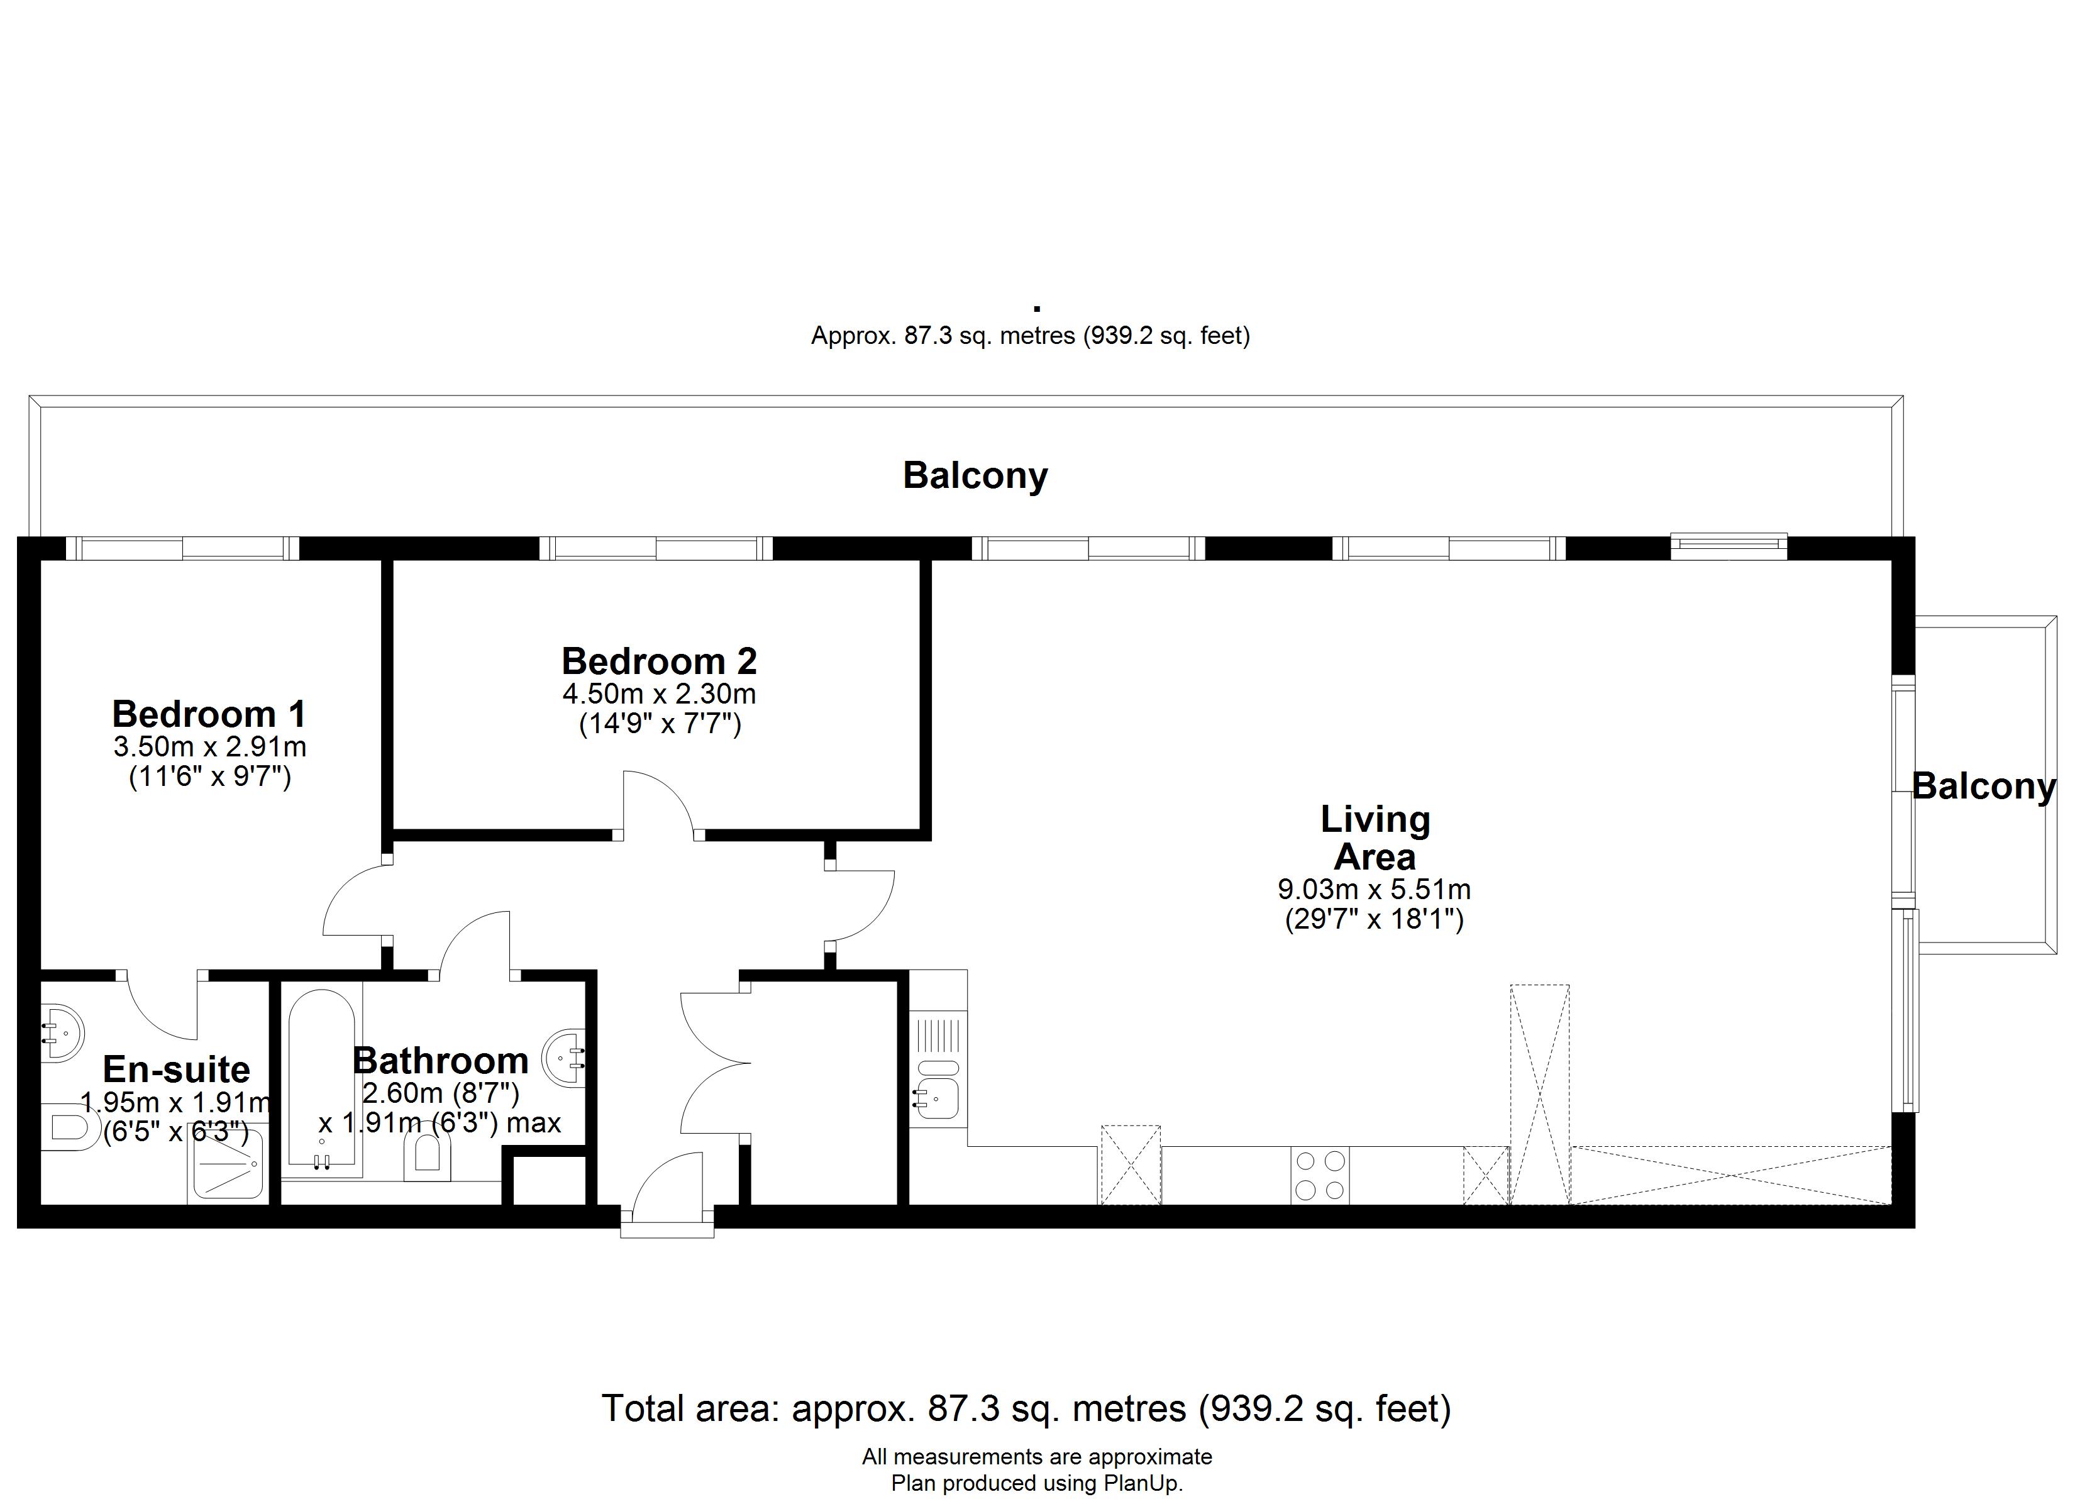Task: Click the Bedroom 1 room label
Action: click(209, 713)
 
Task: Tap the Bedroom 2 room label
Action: click(659, 661)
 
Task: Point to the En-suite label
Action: click(177, 1069)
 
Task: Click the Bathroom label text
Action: click(441, 1061)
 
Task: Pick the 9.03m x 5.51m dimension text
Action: click(1374, 888)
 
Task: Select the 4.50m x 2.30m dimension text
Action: click(659, 694)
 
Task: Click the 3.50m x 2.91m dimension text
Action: click(209, 747)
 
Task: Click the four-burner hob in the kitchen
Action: click(1320, 1175)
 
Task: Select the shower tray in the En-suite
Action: click(227, 1163)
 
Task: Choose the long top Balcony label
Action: click(975, 477)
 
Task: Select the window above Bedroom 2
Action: click(656, 548)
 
